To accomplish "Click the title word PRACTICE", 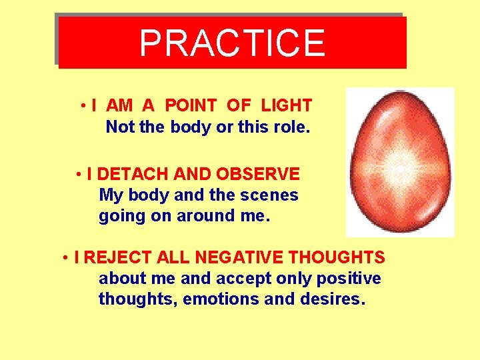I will [x=232, y=43].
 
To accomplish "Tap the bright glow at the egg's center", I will [x=399, y=169].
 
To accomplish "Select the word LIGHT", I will [x=286, y=105].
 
